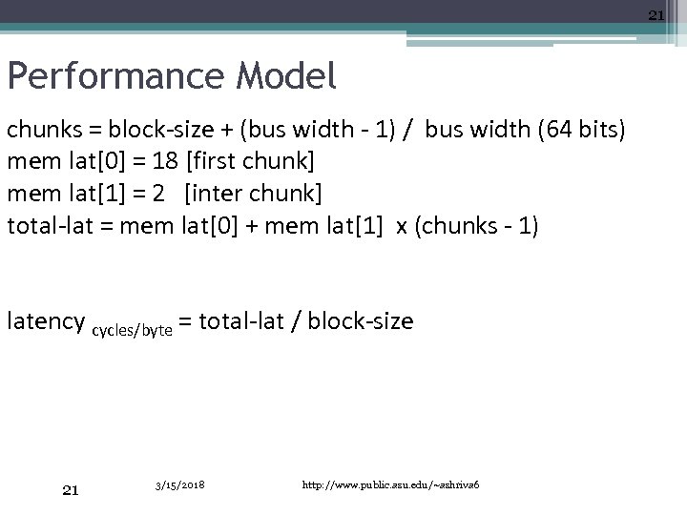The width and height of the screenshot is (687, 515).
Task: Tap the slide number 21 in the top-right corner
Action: click(656, 14)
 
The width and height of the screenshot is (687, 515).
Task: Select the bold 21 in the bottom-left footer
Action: click(70, 489)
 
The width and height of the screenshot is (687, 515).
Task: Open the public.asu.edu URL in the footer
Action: click(396, 484)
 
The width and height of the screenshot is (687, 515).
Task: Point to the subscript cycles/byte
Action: click(132, 329)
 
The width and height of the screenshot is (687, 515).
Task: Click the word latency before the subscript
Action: click(45, 321)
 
